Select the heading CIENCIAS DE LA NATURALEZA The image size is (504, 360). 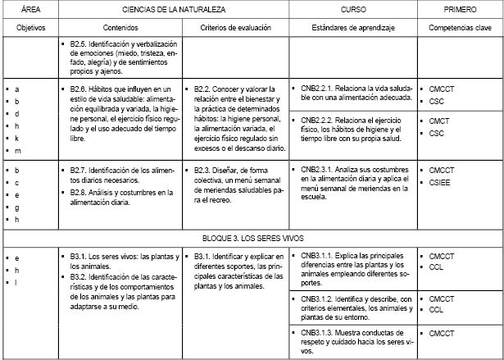pos(171,8)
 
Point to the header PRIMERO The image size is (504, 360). pos(459,8)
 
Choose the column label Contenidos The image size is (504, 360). pos(121,28)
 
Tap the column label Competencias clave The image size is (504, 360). pos(459,28)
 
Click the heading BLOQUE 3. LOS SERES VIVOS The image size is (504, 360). pos(252,235)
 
